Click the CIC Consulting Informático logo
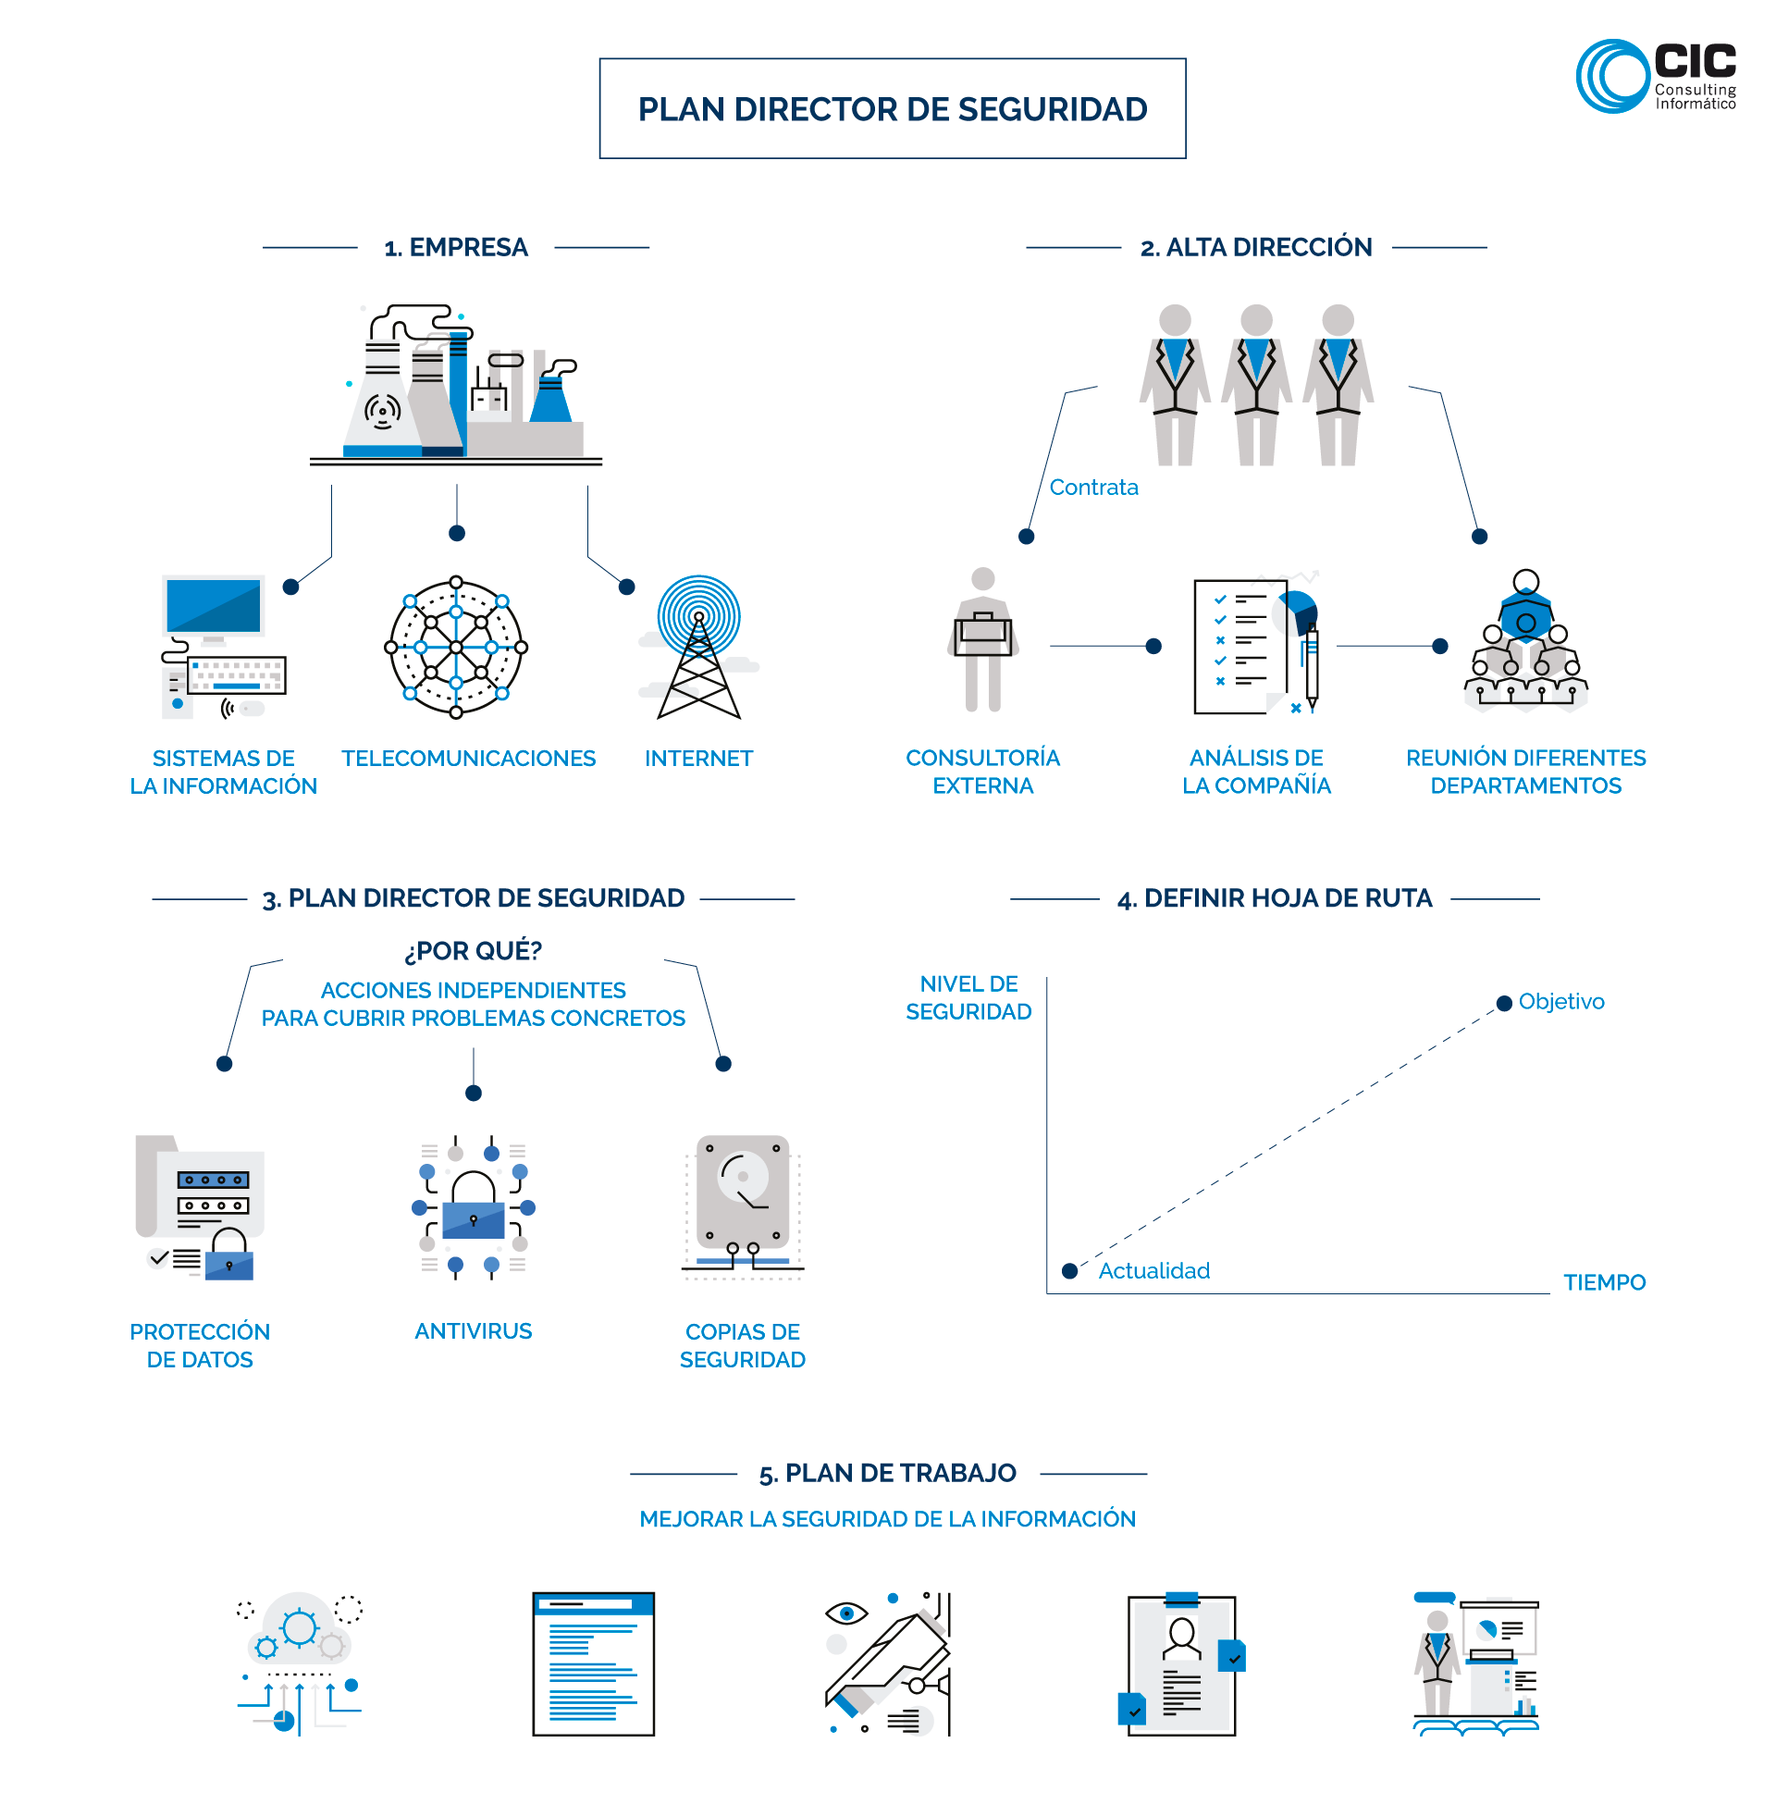point(1655,77)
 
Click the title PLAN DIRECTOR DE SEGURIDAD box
point(892,109)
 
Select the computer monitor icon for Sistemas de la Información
point(214,607)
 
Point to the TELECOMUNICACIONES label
point(468,759)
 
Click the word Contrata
point(1093,487)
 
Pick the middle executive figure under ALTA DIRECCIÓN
point(1256,384)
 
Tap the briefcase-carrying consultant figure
point(982,640)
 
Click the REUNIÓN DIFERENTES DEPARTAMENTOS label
point(1525,772)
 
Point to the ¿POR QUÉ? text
point(473,950)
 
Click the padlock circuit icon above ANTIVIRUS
point(473,1207)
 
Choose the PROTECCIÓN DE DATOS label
point(200,1345)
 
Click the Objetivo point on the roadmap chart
point(1504,1003)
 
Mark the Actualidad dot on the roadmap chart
point(1070,1270)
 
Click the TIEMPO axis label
point(1603,1282)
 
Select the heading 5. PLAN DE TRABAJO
point(887,1473)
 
